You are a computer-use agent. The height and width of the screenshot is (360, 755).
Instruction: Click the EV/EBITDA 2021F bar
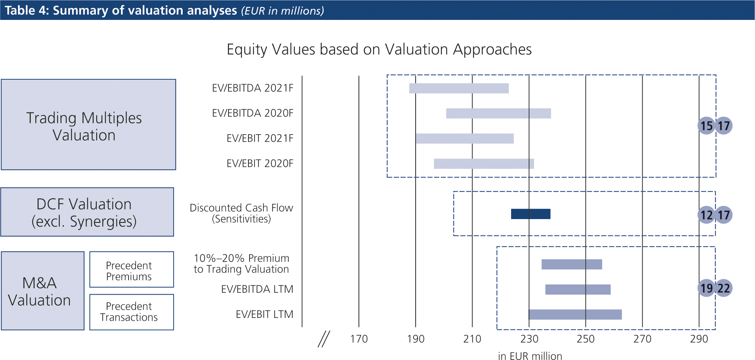click(x=458, y=88)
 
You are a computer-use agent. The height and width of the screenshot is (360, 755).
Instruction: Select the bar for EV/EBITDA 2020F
click(x=498, y=113)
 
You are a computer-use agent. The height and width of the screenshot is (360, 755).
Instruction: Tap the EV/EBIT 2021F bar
click(x=464, y=139)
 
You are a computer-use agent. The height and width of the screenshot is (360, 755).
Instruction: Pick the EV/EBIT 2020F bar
click(x=484, y=164)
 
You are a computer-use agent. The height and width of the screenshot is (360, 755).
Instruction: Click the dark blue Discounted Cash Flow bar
click(x=531, y=214)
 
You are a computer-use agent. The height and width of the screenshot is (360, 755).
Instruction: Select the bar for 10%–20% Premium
click(x=572, y=265)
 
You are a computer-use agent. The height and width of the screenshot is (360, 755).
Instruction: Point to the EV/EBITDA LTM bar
click(x=578, y=289)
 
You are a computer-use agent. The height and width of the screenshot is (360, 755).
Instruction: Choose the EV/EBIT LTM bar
click(x=575, y=315)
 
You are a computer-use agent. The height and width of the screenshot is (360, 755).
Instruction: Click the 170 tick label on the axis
click(x=359, y=339)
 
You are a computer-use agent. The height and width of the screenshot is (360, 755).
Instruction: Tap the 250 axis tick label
click(x=586, y=339)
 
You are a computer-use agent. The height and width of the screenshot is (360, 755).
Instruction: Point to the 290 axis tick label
click(x=699, y=339)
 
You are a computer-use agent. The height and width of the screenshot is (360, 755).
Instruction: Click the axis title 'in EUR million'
click(x=530, y=356)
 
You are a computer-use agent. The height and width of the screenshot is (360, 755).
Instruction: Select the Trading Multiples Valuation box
click(x=88, y=124)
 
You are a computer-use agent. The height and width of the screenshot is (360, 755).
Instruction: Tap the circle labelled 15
click(x=706, y=126)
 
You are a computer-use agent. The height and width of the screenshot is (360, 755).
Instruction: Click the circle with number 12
click(x=706, y=215)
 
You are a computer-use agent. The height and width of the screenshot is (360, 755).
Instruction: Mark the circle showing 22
click(x=724, y=288)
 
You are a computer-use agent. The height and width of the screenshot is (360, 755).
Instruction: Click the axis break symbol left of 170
click(x=324, y=339)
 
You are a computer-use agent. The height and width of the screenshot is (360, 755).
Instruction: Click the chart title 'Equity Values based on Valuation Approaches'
click(x=379, y=50)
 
